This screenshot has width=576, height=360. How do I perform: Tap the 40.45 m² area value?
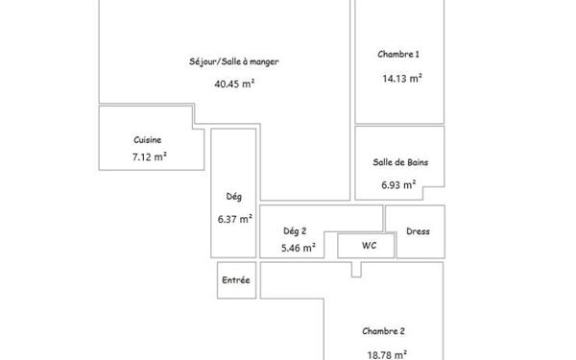pyautogui.click(x=234, y=83)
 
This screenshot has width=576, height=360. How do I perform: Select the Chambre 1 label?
pyautogui.click(x=398, y=55)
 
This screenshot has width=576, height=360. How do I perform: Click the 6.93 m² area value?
pyautogui.click(x=397, y=184)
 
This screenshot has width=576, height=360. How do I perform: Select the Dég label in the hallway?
pyautogui.click(x=233, y=197)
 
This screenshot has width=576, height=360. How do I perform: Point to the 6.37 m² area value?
pyautogui.click(x=234, y=219)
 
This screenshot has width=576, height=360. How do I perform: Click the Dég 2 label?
pyautogui.click(x=296, y=230)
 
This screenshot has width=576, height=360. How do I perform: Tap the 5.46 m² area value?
pyautogui.click(x=298, y=248)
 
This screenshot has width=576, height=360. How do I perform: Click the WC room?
pyautogui.click(x=369, y=246)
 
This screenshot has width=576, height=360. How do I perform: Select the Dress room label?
pyautogui.click(x=419, y=230)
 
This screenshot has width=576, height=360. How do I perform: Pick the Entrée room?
pyautogui.click(x=236, y=280)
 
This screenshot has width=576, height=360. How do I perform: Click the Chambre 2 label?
pyautogui.click(x=383, y=331)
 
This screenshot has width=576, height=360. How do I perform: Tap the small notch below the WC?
pyautogui.click(x=355, y=269)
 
